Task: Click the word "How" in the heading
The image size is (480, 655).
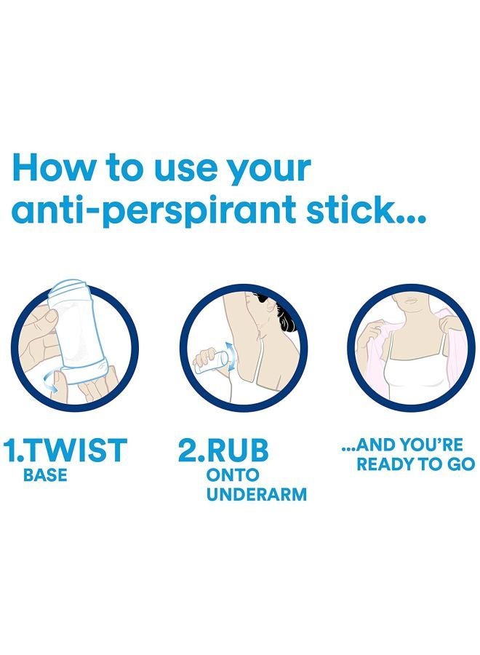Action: pos(55,168)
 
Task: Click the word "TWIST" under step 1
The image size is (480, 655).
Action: pos(80,451)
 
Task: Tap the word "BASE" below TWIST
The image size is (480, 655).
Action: pos(45,477)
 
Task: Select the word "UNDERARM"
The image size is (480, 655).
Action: pos(257,495)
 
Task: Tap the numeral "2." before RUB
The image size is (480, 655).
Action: pos(193,451)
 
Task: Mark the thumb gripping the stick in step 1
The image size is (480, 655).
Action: pos(44,319)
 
